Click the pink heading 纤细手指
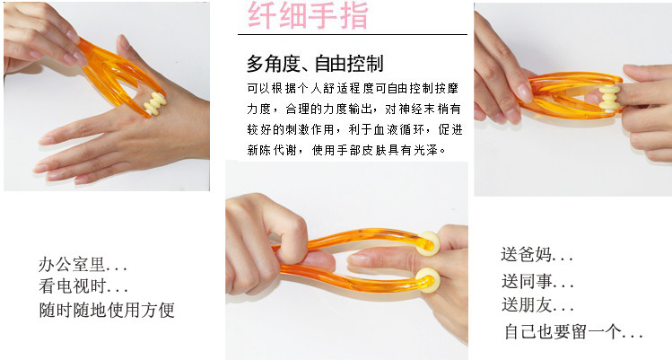[308, 15]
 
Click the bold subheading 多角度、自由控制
[315, 64]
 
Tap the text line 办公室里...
[83, 264]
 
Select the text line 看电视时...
[83, 286]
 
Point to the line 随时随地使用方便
[107, 310]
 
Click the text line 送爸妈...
[537, 254]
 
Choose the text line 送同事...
[537, 281]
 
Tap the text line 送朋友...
[537, 305]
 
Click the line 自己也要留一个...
[573, 331]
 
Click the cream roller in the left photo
[154, 103]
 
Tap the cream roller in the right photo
[609, 98]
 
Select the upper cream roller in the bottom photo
[429, 243]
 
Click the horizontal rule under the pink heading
[353, 34]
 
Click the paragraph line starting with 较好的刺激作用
[355, 129]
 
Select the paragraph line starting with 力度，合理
[354, 109]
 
